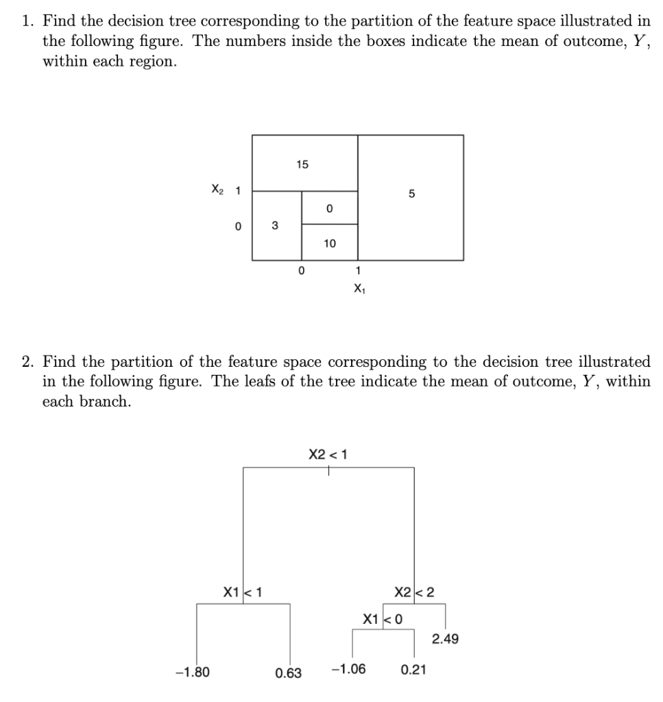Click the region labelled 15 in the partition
pos(302,165)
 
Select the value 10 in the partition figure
pos(329,243)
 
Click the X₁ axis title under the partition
pos(358,289)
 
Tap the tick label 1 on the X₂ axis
pos(237,191)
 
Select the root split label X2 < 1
pos(328,454)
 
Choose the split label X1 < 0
pos(383,619)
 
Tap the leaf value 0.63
pos(288,673)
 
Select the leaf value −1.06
pos(348,669)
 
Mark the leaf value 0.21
pos(413,669)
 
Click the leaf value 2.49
pos(446,639)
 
